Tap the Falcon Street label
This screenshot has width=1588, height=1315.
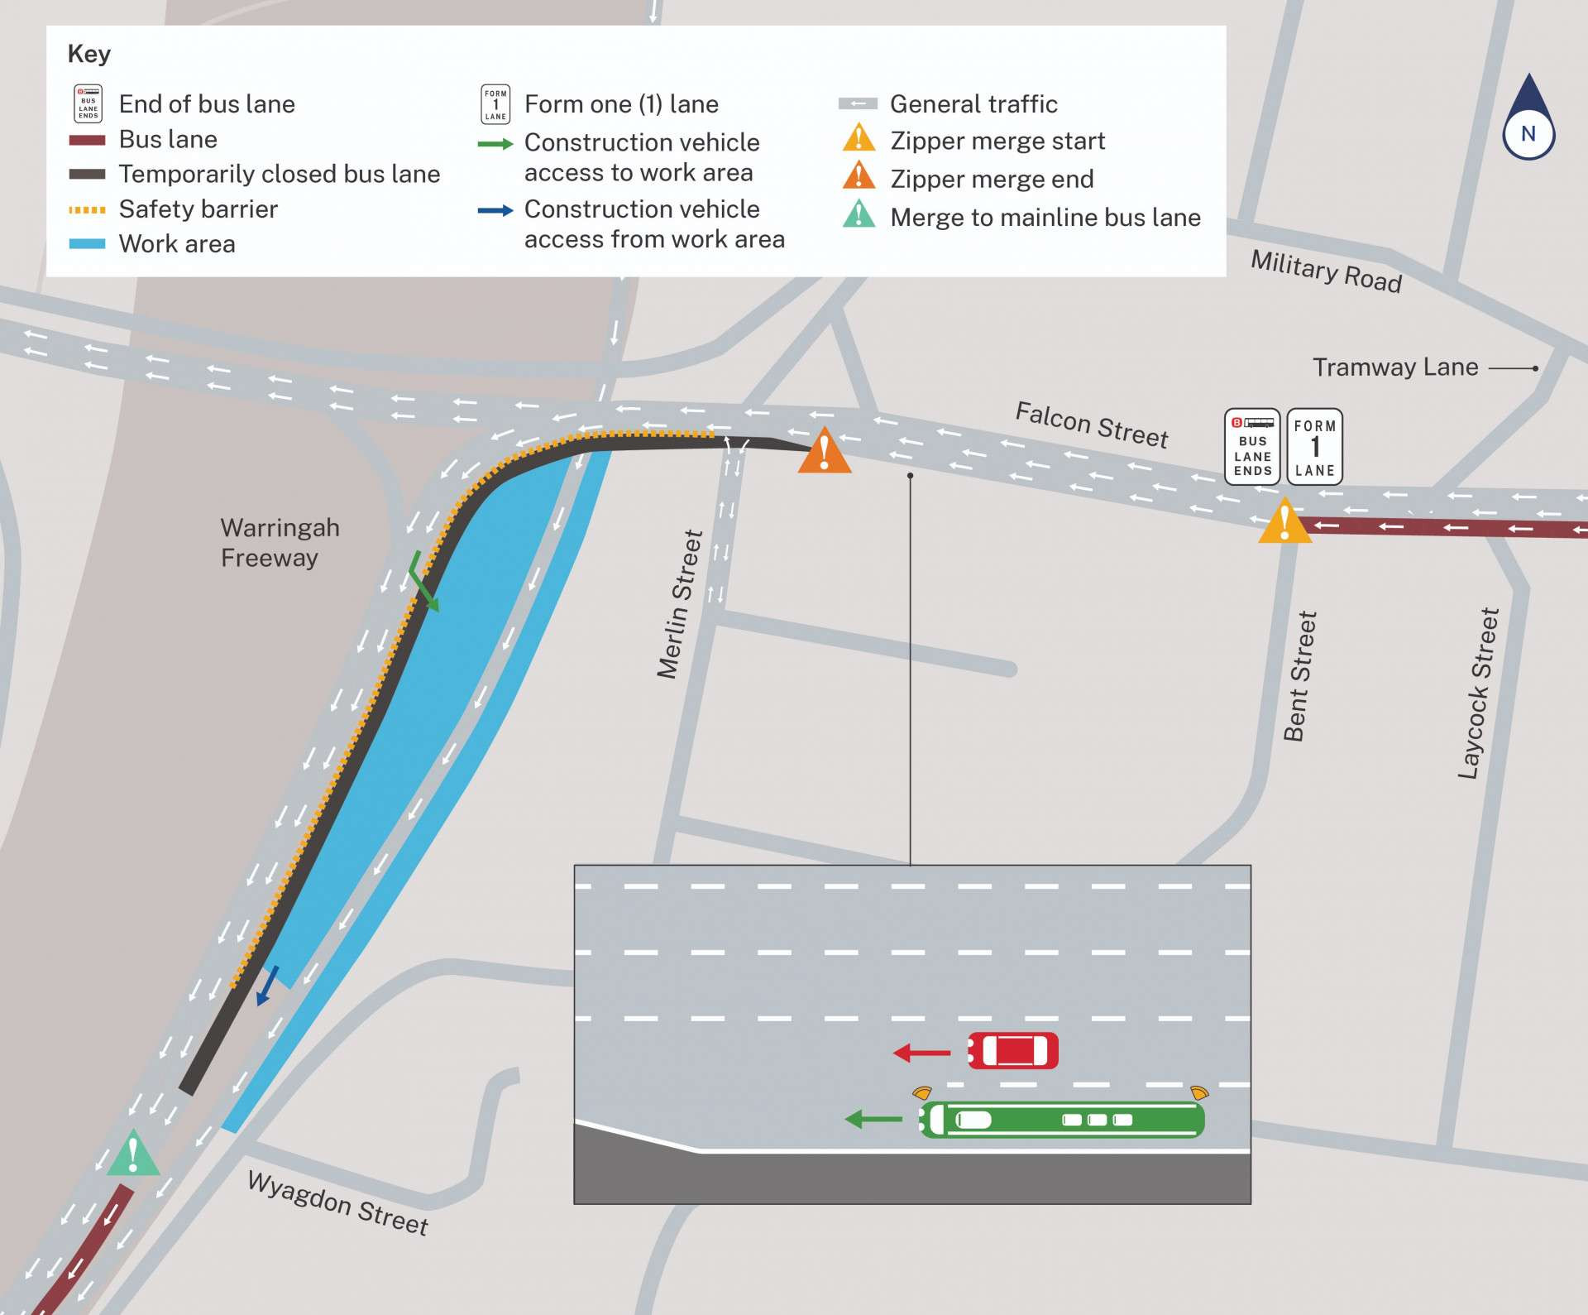coord(1091,425)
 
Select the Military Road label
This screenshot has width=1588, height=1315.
coord(1326,271)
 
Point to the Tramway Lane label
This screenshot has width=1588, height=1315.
coord(1395,367)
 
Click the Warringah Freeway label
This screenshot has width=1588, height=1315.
coord(279,543)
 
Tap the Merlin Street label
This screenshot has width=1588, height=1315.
coord(680,604)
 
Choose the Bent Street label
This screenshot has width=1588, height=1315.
coord(1299,676)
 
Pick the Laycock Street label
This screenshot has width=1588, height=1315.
coord(1478,693)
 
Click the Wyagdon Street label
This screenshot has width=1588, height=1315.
coord(337,1202)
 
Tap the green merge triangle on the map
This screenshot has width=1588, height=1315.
coord(133,1154)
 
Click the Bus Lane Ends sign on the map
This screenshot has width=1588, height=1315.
coord(1252,446)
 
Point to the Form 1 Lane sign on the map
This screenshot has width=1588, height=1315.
coord(1314,446)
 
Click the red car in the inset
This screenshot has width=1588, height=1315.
coord(1012,1051)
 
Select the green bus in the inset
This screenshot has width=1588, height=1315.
coord(1062,1120)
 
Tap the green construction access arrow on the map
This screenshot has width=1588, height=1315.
coord(423,582)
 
